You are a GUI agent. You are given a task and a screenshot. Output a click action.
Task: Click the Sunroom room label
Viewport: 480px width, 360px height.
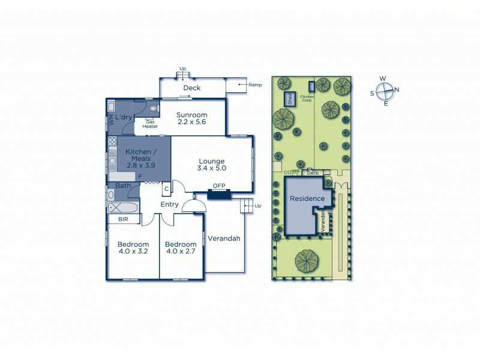point(192,115)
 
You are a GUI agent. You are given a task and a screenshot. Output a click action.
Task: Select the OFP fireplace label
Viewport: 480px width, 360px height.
point(218,186)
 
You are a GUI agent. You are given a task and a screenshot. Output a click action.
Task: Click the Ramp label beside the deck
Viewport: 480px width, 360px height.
point(255,85)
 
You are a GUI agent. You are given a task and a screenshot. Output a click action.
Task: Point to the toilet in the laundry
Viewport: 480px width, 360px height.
point(154,109)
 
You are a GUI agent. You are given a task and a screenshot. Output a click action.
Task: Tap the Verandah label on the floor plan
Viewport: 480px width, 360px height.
point(224,238)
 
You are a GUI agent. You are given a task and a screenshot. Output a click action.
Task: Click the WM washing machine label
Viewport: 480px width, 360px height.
point(111,120)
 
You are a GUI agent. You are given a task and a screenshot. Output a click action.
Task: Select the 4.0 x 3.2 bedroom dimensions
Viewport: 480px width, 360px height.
point(133,252)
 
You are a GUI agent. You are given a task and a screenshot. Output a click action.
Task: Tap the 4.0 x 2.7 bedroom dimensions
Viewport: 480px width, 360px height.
point(181,252)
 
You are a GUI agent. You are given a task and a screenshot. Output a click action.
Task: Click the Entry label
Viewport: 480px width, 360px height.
point(169,205)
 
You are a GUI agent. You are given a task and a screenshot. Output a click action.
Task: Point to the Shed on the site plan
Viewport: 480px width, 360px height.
point(290,99)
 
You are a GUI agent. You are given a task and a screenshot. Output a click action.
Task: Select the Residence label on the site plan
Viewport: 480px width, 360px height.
point(307,199)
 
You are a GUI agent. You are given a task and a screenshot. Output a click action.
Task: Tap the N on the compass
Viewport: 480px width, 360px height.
point(397,91)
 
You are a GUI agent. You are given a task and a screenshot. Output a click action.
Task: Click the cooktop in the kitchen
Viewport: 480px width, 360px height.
point(112,143)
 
